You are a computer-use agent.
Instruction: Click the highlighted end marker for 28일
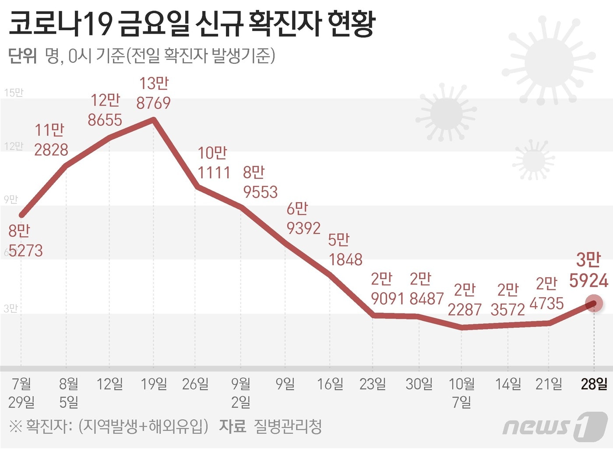click(x=594, y=303)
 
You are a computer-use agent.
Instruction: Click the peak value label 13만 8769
click(x=153, y=93)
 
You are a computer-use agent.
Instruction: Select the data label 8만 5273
click(x=25, y=241)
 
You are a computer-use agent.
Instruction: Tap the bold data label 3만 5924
click(x=588, y=270)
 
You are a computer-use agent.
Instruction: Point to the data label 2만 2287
click(x=465, y=300)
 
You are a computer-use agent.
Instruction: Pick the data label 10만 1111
click(x=213, y=163)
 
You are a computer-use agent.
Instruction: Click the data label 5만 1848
click(x=345, y=249)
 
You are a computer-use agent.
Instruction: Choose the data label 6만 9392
click(x=303, y=218)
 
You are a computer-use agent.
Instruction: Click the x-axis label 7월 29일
click(x=21, y=393)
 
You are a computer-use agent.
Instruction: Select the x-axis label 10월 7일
click(x=462, y=393)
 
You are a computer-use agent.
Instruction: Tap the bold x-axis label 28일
click(x=594, y=384)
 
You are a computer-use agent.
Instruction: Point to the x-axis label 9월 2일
click(x=241, y=393)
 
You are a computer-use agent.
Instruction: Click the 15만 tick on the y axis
click(x=13, y=93)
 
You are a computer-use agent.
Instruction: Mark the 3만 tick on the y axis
click(x=11, y=309)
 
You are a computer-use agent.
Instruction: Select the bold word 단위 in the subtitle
click(x=22, y=56)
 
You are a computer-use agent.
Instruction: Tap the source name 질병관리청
click(x=288, y=426)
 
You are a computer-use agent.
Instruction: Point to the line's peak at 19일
click(x=154, y=119)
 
